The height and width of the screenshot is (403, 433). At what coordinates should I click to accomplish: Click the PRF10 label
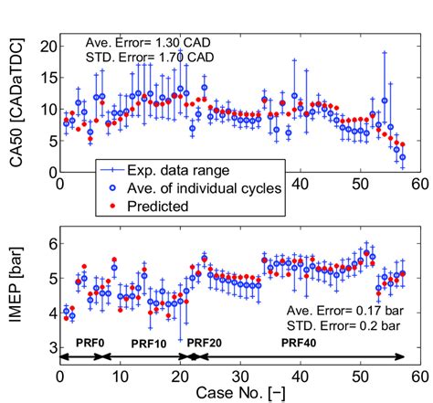(148, 343)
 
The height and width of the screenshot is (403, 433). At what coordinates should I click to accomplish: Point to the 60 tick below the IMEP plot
(418, 374)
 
